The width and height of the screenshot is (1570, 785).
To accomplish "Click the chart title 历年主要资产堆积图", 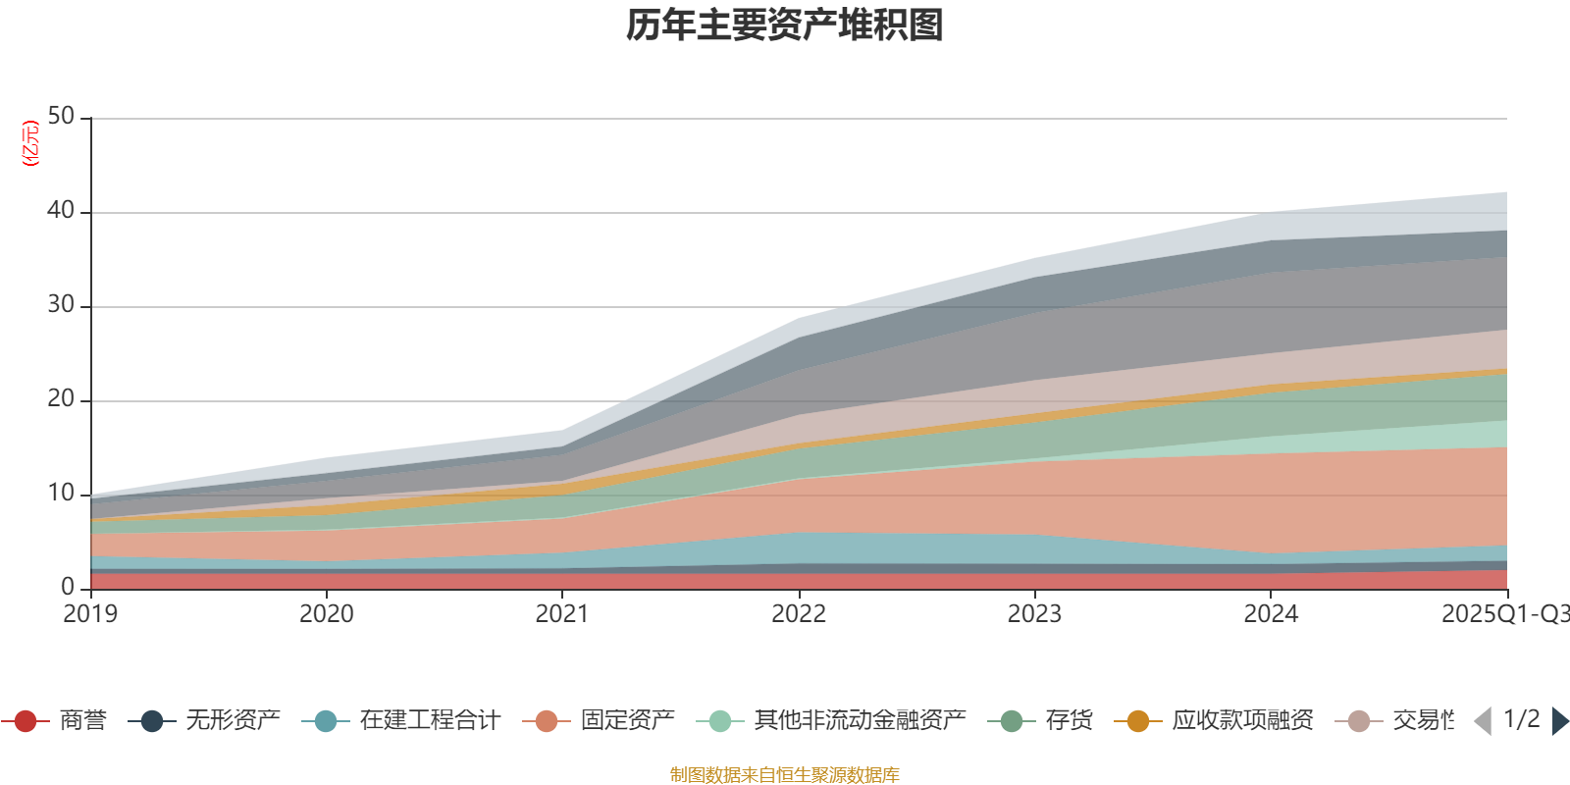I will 785,26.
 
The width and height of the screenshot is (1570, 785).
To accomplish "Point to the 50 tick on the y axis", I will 61,117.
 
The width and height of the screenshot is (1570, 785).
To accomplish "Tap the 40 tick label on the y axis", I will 61,210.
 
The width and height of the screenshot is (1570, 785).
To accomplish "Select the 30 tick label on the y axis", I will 61,304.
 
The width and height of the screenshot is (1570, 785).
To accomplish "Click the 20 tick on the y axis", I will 61,398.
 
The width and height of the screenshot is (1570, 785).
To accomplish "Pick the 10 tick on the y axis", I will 61,493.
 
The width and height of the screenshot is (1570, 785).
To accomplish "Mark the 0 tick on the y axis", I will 68,587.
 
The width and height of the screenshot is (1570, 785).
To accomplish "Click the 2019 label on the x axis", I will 90,614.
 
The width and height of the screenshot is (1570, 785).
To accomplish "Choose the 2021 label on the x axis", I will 562,614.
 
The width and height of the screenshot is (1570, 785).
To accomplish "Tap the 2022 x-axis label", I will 799,614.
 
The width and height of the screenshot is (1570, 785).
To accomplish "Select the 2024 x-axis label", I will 1271,614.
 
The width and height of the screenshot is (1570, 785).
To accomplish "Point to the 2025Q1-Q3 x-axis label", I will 1504,614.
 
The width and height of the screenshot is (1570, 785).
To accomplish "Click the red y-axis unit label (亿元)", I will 30,143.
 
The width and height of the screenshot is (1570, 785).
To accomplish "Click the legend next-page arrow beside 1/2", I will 1559,722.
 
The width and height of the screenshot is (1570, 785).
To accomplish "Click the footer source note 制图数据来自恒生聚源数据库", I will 785,775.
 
